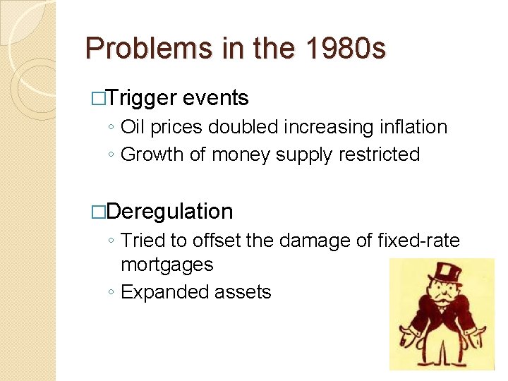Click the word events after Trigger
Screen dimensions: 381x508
coord(215,98)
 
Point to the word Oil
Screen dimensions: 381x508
coord(133,128)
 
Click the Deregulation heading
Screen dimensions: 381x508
coord(171,211)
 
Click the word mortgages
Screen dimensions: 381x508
coord(167,265)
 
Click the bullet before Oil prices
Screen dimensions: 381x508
coord(113,128)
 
